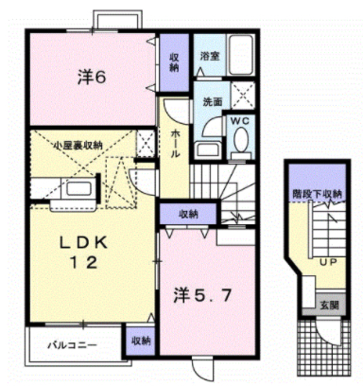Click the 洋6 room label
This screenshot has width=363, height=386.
pos(92,77)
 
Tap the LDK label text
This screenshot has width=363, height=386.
pos(84,243)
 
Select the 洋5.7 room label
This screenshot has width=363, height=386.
pos(203,296)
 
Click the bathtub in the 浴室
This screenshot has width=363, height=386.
pos(241,55)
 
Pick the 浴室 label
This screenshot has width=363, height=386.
pos(209,56)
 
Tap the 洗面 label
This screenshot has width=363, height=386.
pos(212,102)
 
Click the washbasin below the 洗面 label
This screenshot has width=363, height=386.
pos(207,150)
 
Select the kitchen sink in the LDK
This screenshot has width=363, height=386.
pos(78,189)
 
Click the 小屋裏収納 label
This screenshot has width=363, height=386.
pos(78,146)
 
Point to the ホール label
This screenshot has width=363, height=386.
pos(175,144)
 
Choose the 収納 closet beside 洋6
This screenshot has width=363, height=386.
pos(174,63)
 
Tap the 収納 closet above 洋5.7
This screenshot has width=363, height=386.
pos(188,214)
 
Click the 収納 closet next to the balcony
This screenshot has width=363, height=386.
pos(140,341)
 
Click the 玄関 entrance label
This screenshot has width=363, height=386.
pos(329,306)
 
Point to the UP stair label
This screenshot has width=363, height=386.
pos(328,262)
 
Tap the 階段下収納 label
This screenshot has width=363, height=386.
pos(317,194)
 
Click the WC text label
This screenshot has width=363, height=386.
pos(240,121)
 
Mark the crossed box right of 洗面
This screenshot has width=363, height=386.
pos(243,95)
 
